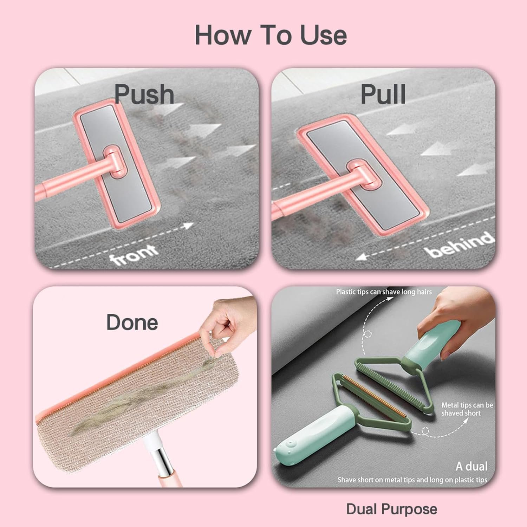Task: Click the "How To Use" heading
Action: [x=271, y=35]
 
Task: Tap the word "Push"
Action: [x=144, y=94]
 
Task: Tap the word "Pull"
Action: [x=383, y=94]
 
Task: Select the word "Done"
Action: [x=132, y=322]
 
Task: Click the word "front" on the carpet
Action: [x=134, y=254]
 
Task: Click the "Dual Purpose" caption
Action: [x=392, y=509]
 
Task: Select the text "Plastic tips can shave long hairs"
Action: [x=384, y=292]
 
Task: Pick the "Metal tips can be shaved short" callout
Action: [x=467, y=409]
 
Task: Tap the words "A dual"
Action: [x=471, y=466]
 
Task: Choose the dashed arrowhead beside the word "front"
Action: [x=190, y=225]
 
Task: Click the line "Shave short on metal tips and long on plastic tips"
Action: [x=412, y=480]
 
